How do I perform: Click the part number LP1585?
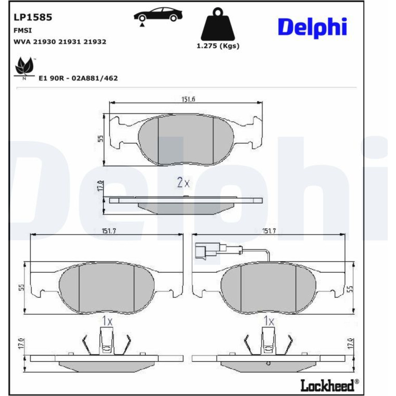coord(33,17)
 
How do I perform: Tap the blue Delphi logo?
coord(313,27)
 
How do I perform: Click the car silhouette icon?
coord(158,14)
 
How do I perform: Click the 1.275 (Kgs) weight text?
coord(218,46)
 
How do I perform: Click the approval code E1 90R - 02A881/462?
coord(78,78)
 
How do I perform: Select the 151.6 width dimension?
coord(188,99)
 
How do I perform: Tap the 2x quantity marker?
coord(183,182)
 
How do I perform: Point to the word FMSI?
coord(23,30)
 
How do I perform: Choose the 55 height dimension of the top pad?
coord(101,138)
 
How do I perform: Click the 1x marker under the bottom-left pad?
coord(107,321)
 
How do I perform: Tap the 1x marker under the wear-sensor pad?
coord(269,321)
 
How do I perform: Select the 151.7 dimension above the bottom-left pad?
coord(109,231)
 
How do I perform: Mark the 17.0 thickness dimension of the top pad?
coord(100,186)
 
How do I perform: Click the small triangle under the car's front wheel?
coord(143,25)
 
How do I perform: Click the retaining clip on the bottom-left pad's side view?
coord(107,341)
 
